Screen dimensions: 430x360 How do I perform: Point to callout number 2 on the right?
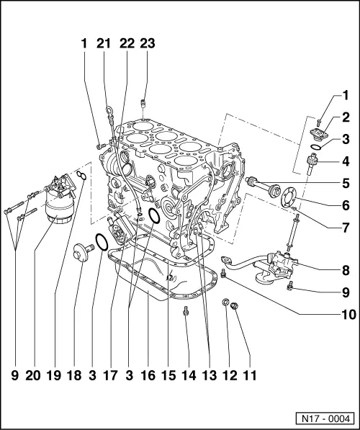click(x=346, y=117)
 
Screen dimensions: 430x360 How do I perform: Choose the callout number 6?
click(x=346, y=205)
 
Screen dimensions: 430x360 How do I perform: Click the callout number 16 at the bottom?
click(x=148, y=375)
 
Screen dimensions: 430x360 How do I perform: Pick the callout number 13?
click(x=209, y=375)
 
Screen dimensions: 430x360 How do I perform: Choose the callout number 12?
click(x=230, y=375)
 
